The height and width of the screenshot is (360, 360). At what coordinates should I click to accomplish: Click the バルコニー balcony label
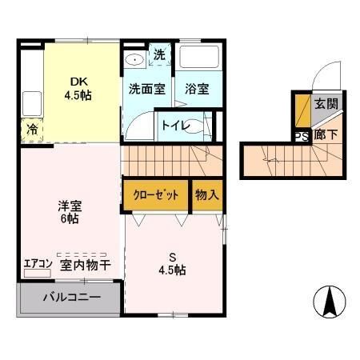(x=72, y=298)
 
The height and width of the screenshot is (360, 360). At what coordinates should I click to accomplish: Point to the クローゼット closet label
(x=155, y=195)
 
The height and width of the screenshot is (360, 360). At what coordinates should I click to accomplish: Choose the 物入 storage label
(x=206, y=195)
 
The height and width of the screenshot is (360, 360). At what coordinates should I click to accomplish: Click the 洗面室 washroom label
(x=147, y=89)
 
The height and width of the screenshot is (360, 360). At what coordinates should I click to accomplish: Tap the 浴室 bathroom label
(x=197, y=89)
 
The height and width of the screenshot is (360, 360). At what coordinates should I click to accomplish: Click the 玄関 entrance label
(x=326, y=103)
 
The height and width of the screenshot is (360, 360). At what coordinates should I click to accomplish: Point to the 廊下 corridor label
(x=326, y=135)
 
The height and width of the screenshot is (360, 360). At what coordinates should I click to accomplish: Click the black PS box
(x=302, y=136)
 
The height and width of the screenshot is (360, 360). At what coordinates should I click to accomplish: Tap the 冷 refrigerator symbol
(x=33, y=129)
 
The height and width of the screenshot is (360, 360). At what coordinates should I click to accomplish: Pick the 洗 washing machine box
(x=158, y=55)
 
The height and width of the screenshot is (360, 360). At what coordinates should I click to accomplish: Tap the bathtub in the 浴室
(x=197, y=58)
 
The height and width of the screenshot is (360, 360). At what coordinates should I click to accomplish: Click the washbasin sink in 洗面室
(x=134, y=59)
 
